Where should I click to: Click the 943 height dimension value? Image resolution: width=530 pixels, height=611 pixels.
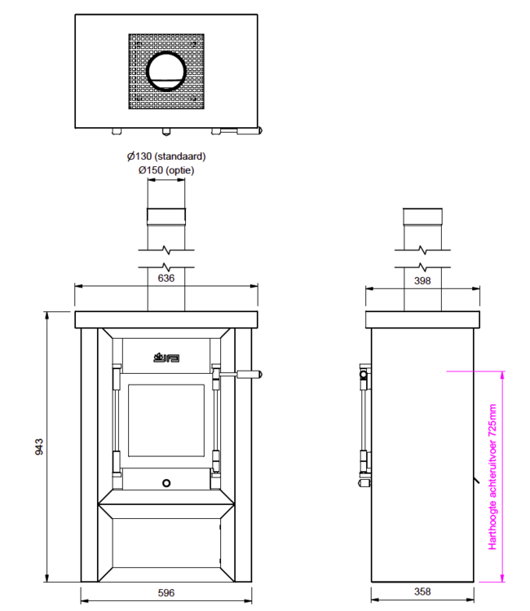coord(39,446)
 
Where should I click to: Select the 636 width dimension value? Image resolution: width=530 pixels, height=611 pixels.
coord(166,278)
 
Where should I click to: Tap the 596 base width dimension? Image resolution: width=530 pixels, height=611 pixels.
coord(166,593)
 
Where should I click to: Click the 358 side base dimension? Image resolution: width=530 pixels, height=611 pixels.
coord(422,593)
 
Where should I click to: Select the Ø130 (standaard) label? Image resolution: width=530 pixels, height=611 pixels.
coord(166,156)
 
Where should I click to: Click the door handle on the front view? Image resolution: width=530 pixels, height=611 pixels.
coord(249,375)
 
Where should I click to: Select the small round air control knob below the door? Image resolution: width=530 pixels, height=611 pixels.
coord(166,482)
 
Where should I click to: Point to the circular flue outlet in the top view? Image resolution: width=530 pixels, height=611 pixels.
coord(166,73)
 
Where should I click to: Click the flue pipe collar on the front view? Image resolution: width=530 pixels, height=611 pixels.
coord(166,218)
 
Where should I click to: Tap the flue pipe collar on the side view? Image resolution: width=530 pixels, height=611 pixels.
coord(422,218)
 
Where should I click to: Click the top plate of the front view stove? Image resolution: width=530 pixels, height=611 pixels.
coord(166,319)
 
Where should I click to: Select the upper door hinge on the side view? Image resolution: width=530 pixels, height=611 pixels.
coord(364,376)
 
